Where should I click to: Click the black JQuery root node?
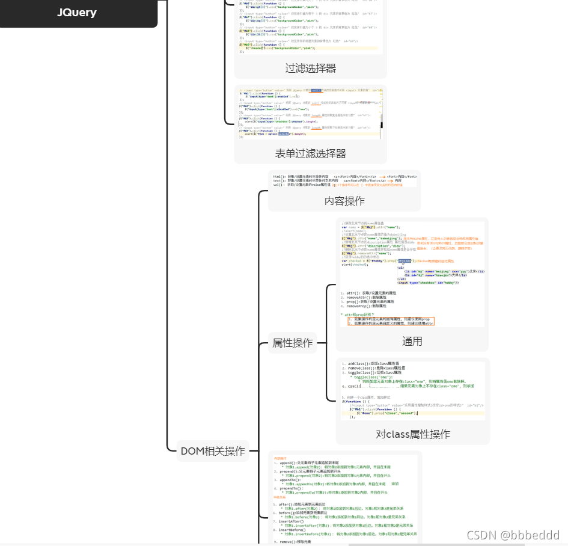[77, 13]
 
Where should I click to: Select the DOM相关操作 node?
[213, 450]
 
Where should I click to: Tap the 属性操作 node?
[293, 343]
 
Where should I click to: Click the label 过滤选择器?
[310, 68]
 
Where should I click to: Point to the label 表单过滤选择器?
[310, 153]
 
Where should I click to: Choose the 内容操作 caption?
[344, 201]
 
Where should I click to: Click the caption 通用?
[412, 341]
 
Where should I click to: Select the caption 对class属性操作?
[412, 434]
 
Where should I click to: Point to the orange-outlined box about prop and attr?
[390, 321]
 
